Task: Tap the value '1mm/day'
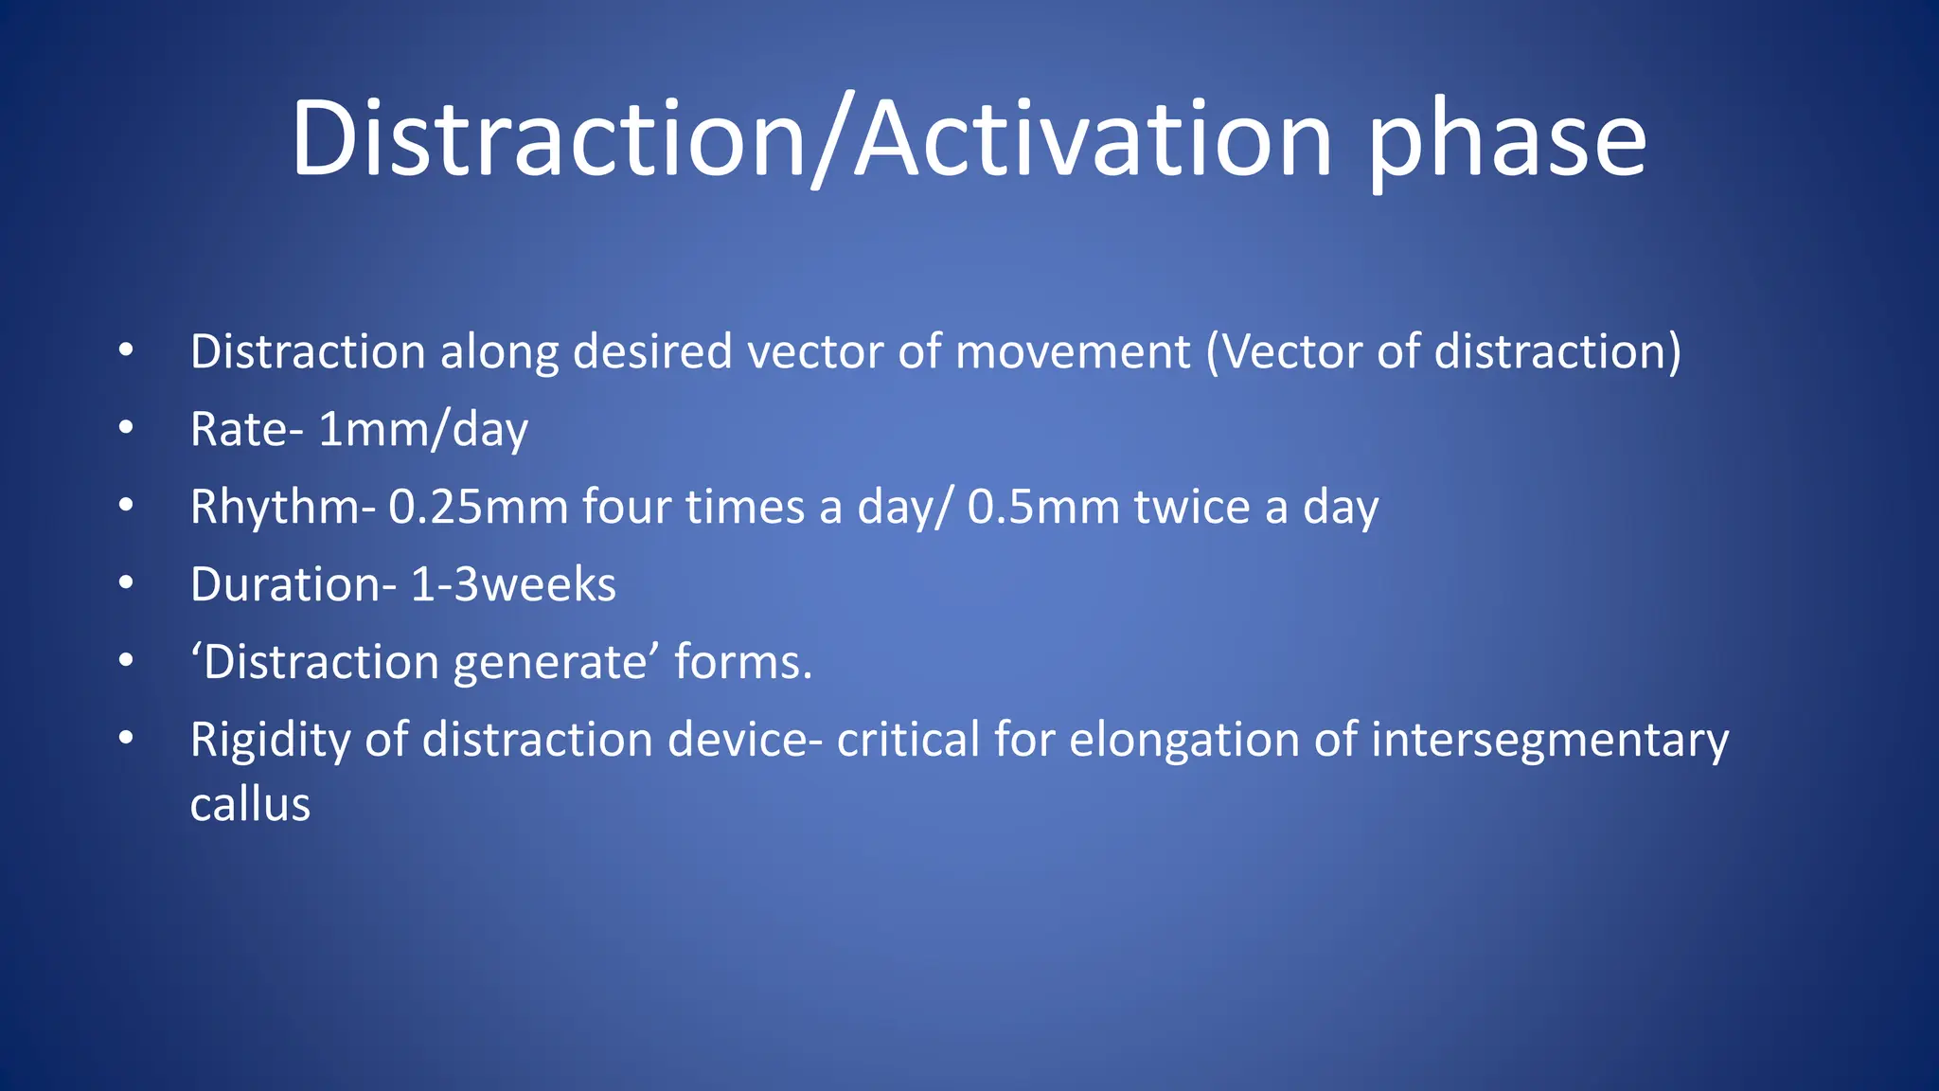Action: coord(422,430)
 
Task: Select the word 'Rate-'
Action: coord(246,430)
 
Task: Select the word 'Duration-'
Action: coord(294,584)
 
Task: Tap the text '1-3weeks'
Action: coord(513,584)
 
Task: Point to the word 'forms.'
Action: coord(743,662)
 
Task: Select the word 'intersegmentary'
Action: coord(1550,740)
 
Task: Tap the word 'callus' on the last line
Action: coord(250,805)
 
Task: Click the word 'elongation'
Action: coord(1183,740)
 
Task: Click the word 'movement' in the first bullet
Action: coord(1073,352)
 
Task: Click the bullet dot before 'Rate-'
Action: coord(126,429)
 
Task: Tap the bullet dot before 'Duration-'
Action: coord(126,584)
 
